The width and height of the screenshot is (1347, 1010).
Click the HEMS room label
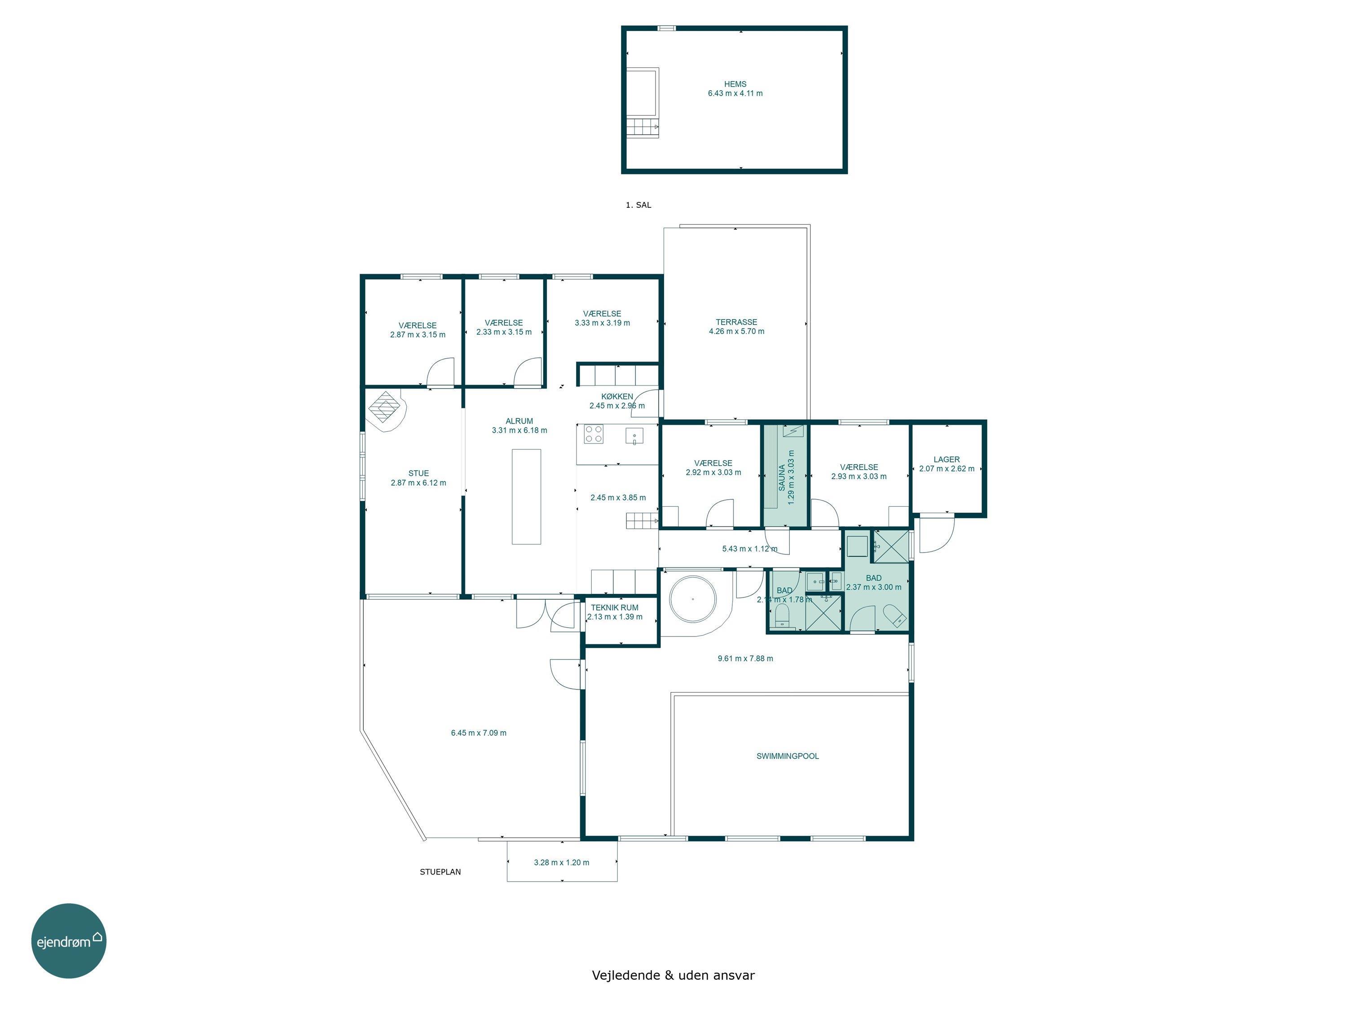pos(735,84)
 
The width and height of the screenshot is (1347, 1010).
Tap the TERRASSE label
pos(736,322)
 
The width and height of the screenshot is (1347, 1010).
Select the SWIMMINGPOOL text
pos(788,756)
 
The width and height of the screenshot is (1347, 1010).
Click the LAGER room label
pos(946,460)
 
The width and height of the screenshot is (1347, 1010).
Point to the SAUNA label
pos(782,478)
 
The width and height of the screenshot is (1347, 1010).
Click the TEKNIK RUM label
pos(614,608)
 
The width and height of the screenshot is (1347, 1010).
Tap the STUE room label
pos(418,473)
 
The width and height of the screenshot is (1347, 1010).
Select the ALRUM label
pos(519,421)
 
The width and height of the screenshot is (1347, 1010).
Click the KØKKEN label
pos(617,396)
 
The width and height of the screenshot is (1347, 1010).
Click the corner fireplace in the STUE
pos(385,410)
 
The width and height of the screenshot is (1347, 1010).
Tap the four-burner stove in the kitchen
pos(594,434)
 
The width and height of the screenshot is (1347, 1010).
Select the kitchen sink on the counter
pos(634,436)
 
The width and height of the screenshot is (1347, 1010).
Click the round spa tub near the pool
pos(692,599)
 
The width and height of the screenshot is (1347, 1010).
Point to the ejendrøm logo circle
pos(69,940)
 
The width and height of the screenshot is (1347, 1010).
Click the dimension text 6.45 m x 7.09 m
pos(479,733)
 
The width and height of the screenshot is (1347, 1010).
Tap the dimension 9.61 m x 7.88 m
pos(745,658)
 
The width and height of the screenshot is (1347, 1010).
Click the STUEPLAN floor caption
pos(440,872)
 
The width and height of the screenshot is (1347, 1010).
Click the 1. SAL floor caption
pos(638,205)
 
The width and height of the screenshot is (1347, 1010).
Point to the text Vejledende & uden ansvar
pos(673,976)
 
